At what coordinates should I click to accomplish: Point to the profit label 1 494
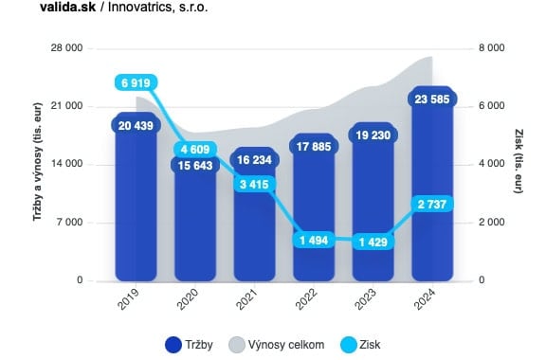click(x=315, y=240)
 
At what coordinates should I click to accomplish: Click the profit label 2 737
click(x=432, y=205)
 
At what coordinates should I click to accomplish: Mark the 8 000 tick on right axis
click(x=491, y=48)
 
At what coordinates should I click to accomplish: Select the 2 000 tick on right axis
click(x=491, y=223)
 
